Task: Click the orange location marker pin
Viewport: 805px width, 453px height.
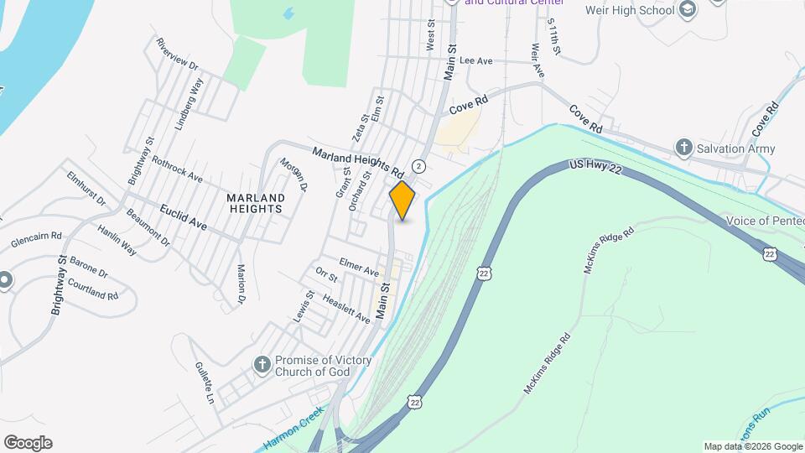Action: pos(402,200)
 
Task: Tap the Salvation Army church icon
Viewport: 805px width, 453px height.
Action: pos(683,148)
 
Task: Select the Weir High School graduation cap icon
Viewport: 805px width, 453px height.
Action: pos(688,10)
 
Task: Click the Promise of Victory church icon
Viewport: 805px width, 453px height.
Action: pos(262,365)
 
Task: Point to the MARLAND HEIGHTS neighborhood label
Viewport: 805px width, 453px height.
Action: pos(256,204)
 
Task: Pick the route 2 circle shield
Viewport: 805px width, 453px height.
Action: pos(418,165)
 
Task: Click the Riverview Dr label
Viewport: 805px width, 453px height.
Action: pos(177,54)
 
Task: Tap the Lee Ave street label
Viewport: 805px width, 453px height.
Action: pos(475,61)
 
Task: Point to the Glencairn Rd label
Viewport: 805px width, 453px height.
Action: pos(37,241)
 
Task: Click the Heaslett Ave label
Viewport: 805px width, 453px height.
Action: pos(345,307)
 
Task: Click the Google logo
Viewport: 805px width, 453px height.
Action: pos(28,442)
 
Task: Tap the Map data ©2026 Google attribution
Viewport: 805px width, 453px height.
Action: pos(752,446)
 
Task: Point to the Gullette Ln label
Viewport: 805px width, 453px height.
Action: pos(205,383)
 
